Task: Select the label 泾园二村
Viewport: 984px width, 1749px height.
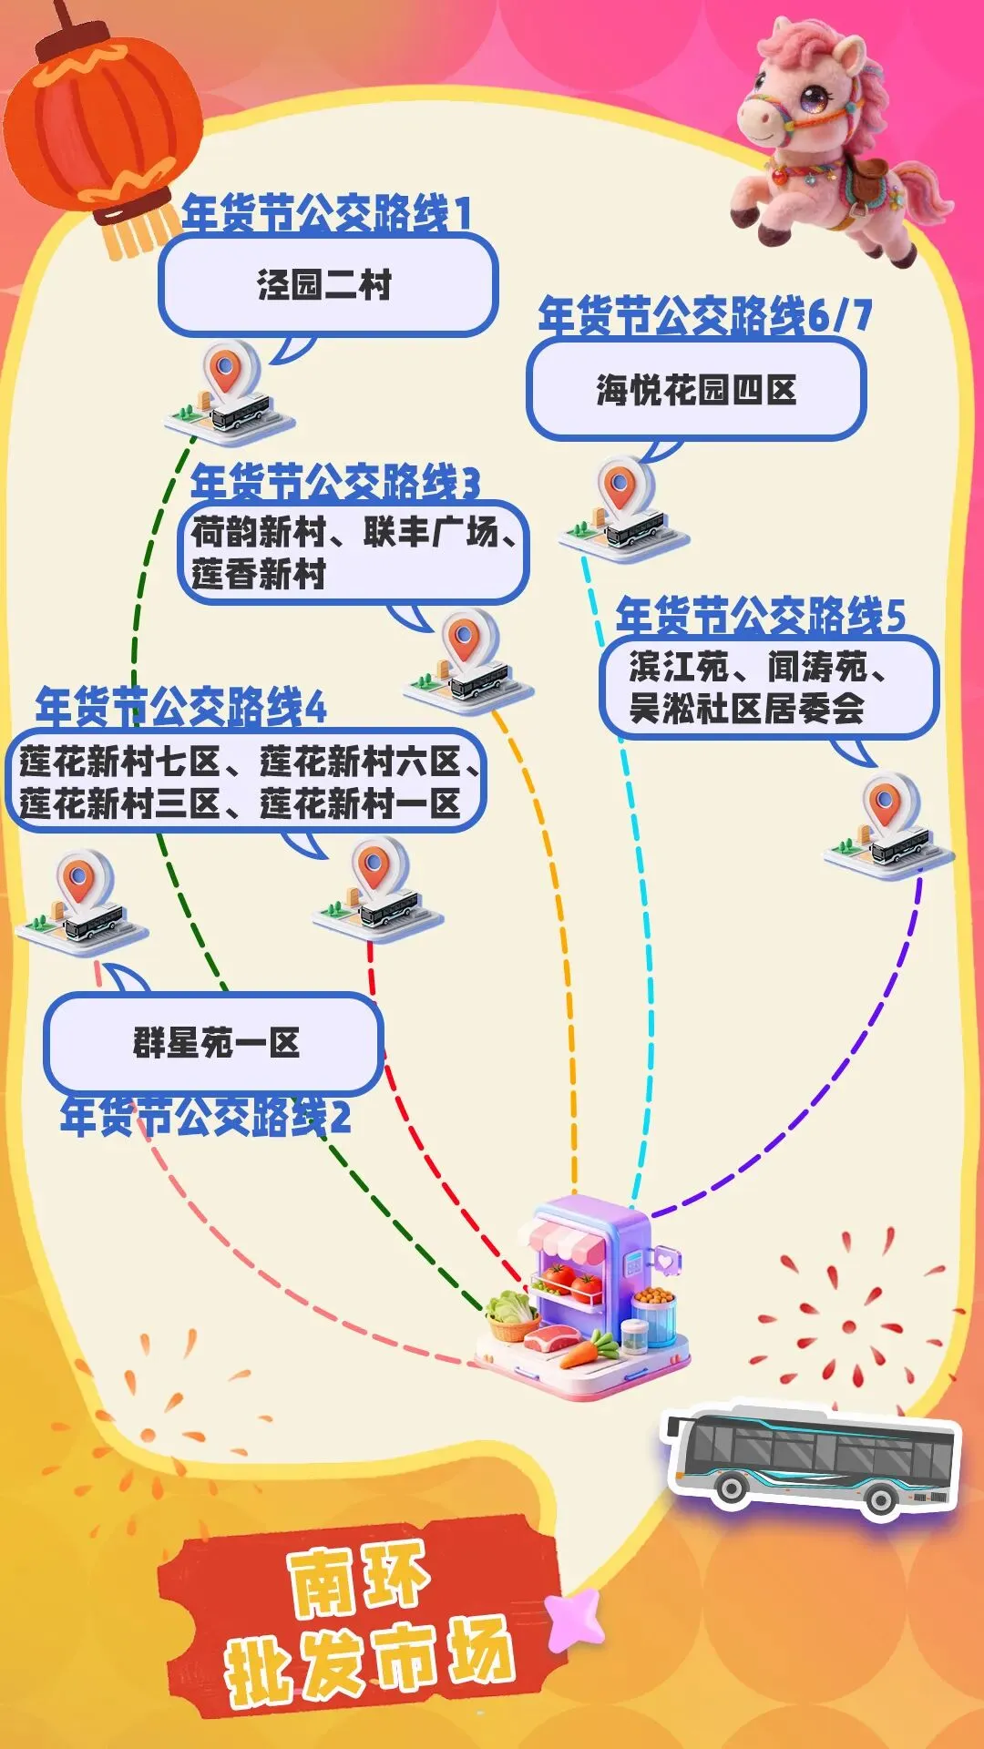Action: [325, 285]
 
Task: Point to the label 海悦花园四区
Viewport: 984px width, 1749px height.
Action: [696, 390]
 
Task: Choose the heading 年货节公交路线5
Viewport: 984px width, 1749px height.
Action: [760, 617]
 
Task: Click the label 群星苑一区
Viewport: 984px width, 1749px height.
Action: [217, 1043]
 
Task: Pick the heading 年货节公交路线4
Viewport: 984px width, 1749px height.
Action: [180, 708]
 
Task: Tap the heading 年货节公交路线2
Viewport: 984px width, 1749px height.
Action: [205, 1118]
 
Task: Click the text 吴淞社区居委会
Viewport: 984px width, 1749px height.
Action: [746, 709]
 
